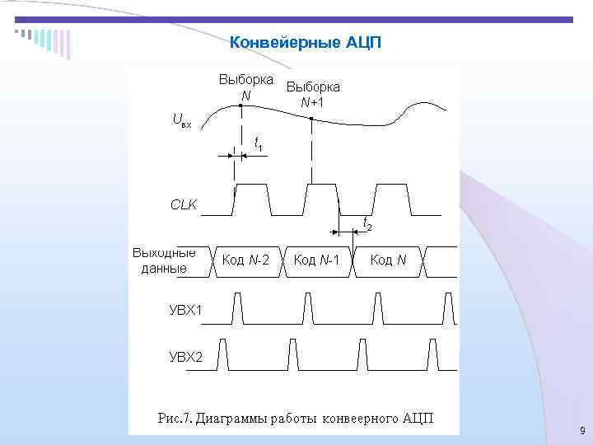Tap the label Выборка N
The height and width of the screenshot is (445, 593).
tap(245, 87)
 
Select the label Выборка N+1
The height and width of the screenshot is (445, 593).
tap(312, 94)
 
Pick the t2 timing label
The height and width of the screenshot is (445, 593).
tap(367, 223)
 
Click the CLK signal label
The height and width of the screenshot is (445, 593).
tap(184, 204)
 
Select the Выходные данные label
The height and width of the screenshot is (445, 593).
tap(164, 260)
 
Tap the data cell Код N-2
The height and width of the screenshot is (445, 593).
tap(246, 260)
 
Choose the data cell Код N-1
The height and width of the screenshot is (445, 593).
tap(317, 260)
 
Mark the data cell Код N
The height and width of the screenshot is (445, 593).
tap(388, 260)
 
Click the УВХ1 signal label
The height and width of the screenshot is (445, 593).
tap(185, 310)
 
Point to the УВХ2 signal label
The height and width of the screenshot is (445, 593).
tap(185, 357)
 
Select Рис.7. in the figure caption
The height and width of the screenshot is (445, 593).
tap(175, 417)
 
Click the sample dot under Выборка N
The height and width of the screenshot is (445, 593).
tap(240, 106)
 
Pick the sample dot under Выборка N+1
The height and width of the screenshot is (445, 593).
tap(311, 119)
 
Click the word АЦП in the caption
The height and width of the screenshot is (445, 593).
tap(418, 417)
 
